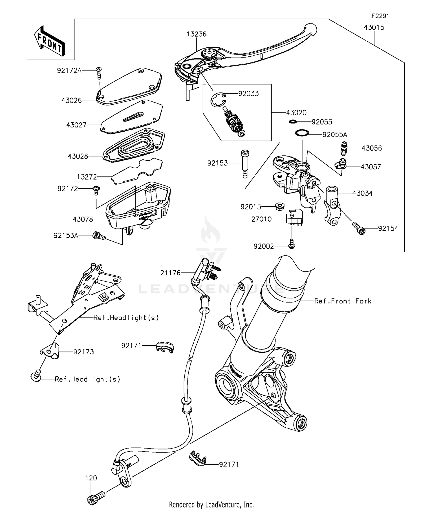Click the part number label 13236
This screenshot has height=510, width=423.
196,34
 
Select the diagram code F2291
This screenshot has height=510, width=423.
380,16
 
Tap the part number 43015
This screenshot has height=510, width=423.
374,27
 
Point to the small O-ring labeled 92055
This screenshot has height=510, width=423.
293,122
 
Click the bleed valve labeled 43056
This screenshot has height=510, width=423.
343,148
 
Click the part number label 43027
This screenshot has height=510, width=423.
76,125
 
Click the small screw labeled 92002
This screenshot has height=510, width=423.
292,246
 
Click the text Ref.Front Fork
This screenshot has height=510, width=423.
343,301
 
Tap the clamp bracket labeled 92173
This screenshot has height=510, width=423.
50,351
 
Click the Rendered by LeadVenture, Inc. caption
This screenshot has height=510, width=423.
211,504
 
